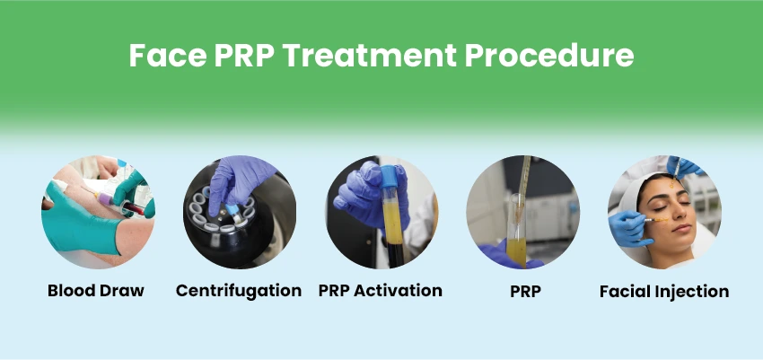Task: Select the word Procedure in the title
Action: point(551,57)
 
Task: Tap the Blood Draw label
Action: point(97,290)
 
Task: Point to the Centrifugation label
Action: point(239,290)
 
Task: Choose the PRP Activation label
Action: point(380,290)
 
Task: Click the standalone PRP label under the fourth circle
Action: point(522,290)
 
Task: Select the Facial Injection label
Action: point(663,291)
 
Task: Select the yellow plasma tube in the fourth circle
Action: point(515,238)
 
